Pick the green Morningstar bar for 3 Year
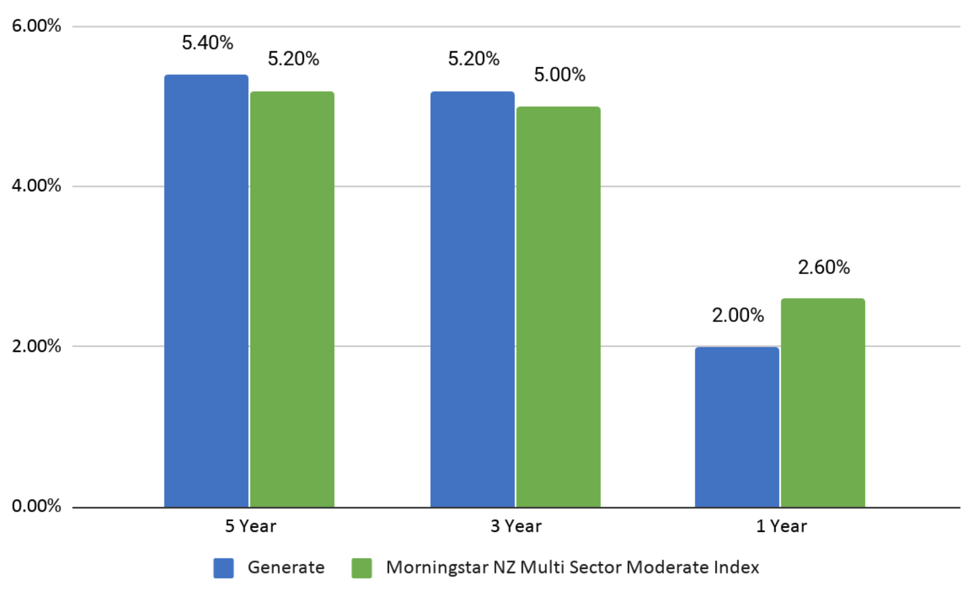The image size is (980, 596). click(558, 307)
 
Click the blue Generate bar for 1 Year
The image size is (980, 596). click(737, 427)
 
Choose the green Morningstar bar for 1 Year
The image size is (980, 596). click(823, 403)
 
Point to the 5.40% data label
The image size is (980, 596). click(207, 43)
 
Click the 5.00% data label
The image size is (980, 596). click(559, 75)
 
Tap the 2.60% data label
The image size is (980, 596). click(824, 268)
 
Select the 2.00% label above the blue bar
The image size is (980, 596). click(738, 315)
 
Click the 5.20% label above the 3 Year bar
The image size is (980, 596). click(473, 59)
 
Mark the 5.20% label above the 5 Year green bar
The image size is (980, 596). click(293, 59)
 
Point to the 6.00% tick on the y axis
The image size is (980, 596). click(36, 26)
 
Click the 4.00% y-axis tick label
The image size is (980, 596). click(36, 186)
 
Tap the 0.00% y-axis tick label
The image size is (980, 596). click(36, 506)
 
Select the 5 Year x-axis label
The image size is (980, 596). click(250, 526)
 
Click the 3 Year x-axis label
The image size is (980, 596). click(516, 526)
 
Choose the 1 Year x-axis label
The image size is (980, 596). click(781, 526)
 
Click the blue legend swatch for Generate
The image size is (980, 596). click(223, 568)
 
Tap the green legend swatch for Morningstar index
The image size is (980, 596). click(362, 568)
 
